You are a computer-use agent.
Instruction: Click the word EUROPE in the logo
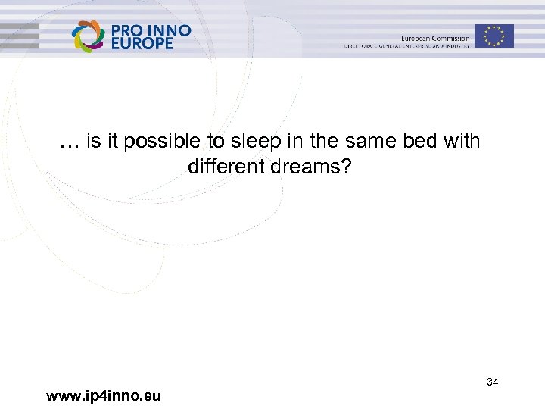pyautogui.click(x=143, y=43)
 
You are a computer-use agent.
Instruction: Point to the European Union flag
pyautogui.click(x=494, y=36)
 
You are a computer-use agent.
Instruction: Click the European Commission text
pyautogui.click(x=435, y=37)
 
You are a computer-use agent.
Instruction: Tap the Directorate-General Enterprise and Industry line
pyautogui.click(x=406, y=46)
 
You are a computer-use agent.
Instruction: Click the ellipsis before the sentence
pyautogui.click(x=69, y=142)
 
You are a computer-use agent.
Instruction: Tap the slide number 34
pyautogui.click(x=492, y=382)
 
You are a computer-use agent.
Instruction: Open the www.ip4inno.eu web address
pyautogui.click(x=103, y=395)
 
